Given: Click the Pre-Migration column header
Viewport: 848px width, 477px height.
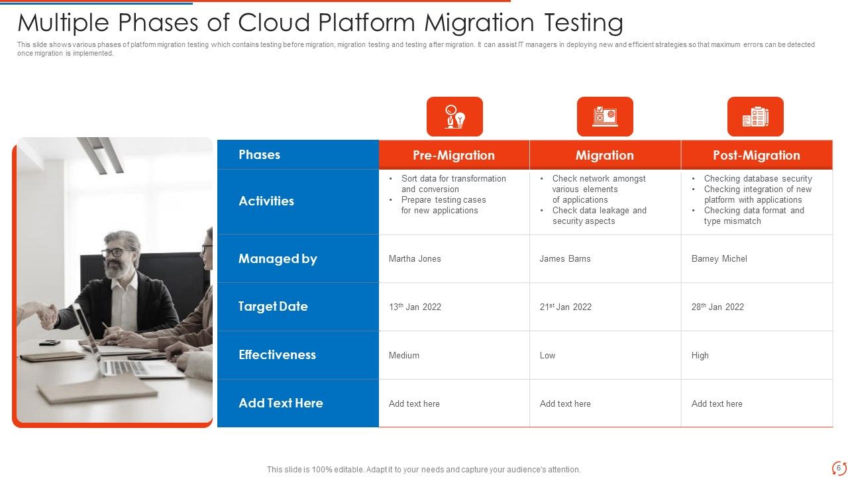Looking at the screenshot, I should tap(454, 155).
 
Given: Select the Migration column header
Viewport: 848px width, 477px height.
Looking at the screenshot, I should tap(604, 155).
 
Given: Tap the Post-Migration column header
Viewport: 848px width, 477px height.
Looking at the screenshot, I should tap(756, 155).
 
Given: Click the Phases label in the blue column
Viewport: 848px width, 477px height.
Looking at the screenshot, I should tap(259, 154).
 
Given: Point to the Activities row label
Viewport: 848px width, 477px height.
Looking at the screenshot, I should tap(266, 201).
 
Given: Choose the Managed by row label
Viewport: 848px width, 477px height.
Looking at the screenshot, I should tap(278, 258).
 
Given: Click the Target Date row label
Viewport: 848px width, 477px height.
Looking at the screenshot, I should tap(273, 306).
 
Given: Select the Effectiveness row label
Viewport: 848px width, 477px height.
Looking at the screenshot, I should tap(277, 354).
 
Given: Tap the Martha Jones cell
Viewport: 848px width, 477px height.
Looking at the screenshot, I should tap(415, 258).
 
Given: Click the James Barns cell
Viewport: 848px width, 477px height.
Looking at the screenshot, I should tap(565, 258).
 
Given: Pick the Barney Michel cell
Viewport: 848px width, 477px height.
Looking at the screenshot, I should tap(719, 258).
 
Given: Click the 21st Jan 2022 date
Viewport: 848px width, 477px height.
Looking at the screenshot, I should tap(565, 307).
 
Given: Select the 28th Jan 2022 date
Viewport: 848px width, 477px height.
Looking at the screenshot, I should tap(717, 307).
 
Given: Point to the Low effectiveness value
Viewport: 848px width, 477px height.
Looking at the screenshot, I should tap(547, 355).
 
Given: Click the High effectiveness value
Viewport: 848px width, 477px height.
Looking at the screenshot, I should tap(700, 355).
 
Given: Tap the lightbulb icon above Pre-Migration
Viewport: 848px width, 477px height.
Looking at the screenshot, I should tap(454, 117).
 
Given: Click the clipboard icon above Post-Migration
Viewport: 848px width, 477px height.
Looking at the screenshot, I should tap(755, 117).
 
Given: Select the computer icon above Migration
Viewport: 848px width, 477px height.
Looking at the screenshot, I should tap(605, 117).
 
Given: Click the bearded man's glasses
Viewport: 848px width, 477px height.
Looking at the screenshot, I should tap(113, 252).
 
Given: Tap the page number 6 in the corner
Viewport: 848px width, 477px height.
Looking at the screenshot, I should tap(838, 468).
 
